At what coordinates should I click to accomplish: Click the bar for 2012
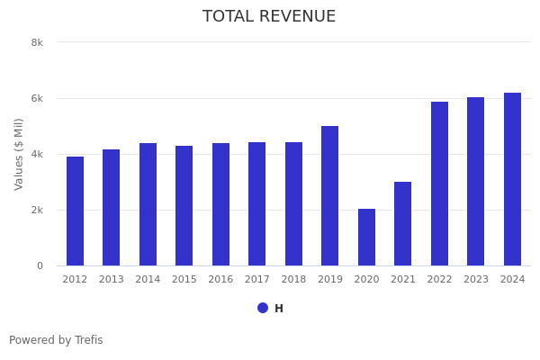(75, 211)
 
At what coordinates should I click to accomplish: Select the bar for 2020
(366, 238)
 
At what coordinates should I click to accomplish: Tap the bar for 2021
(402, 224)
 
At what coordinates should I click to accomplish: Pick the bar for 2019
(330, 196)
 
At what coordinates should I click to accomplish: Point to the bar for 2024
(512, 179)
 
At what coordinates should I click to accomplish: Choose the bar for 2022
(439, 184)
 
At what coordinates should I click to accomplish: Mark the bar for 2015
(184, 206)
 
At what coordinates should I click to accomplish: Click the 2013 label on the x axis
(112, 280)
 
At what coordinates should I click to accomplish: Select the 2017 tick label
(257, 280)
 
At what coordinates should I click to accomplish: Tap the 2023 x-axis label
(476, 280)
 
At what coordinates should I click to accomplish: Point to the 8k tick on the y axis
(37, 42)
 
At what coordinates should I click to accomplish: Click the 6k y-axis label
(37, 98)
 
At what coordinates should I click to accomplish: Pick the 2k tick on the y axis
(37, 210)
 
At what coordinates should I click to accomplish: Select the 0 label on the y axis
(40, 265)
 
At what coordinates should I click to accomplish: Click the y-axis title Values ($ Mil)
(19, 154)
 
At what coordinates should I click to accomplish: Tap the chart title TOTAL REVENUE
(269, 17)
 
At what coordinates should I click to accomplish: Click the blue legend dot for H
(263, 308)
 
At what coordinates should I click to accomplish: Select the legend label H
(279, 309)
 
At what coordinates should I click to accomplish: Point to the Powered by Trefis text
(56, 340)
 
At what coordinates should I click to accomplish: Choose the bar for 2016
(220, 204)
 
